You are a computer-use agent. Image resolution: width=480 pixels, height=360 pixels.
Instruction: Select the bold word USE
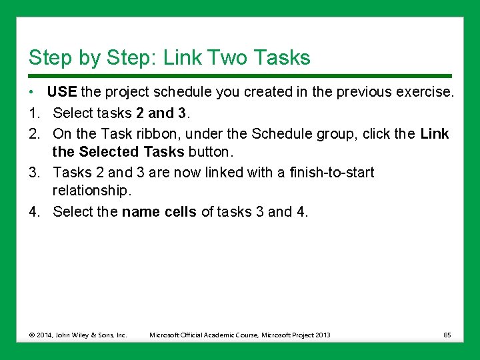62,91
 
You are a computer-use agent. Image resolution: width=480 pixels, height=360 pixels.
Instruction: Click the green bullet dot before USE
31,92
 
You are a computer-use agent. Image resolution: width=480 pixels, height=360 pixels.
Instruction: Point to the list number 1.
34,113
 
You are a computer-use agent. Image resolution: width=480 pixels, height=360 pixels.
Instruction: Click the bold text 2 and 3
161,113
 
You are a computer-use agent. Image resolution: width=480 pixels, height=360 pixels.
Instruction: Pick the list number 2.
34,134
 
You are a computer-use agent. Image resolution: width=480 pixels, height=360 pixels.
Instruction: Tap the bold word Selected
109,151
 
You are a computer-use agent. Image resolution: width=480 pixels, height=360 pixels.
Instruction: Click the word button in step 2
211,151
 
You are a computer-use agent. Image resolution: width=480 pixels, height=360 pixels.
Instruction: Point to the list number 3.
34,173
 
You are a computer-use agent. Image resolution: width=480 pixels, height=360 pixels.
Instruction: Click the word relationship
92,191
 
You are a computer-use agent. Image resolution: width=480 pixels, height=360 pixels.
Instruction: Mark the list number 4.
34,211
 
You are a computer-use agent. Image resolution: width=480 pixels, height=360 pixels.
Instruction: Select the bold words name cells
159,211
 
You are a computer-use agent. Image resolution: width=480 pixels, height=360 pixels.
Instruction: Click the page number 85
447,335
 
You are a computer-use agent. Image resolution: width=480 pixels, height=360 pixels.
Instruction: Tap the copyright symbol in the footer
32,335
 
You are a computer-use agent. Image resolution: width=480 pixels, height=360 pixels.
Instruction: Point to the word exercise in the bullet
425,91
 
